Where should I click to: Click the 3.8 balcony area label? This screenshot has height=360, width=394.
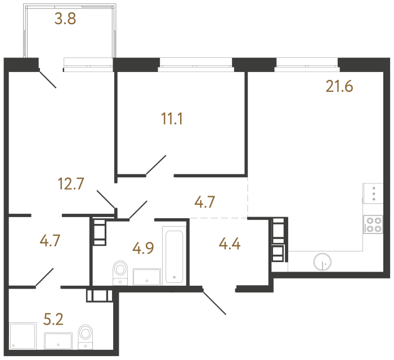(65, 20)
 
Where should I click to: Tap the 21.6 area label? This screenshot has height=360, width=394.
(339, 87)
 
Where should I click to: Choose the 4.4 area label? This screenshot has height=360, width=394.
(229, 245)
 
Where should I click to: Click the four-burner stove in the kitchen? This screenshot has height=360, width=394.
(373, 224)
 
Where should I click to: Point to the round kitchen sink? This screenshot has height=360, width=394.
(323, 262)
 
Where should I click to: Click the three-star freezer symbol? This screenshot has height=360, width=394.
(373, 193)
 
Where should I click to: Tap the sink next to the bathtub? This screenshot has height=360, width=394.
(147, 276)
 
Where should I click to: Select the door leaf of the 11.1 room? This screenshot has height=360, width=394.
(155, 165)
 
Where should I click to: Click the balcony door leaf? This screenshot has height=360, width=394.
(47, 78)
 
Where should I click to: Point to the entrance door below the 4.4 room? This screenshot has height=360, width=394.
(214, 301)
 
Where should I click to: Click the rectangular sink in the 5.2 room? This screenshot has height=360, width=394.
(59, 340)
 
